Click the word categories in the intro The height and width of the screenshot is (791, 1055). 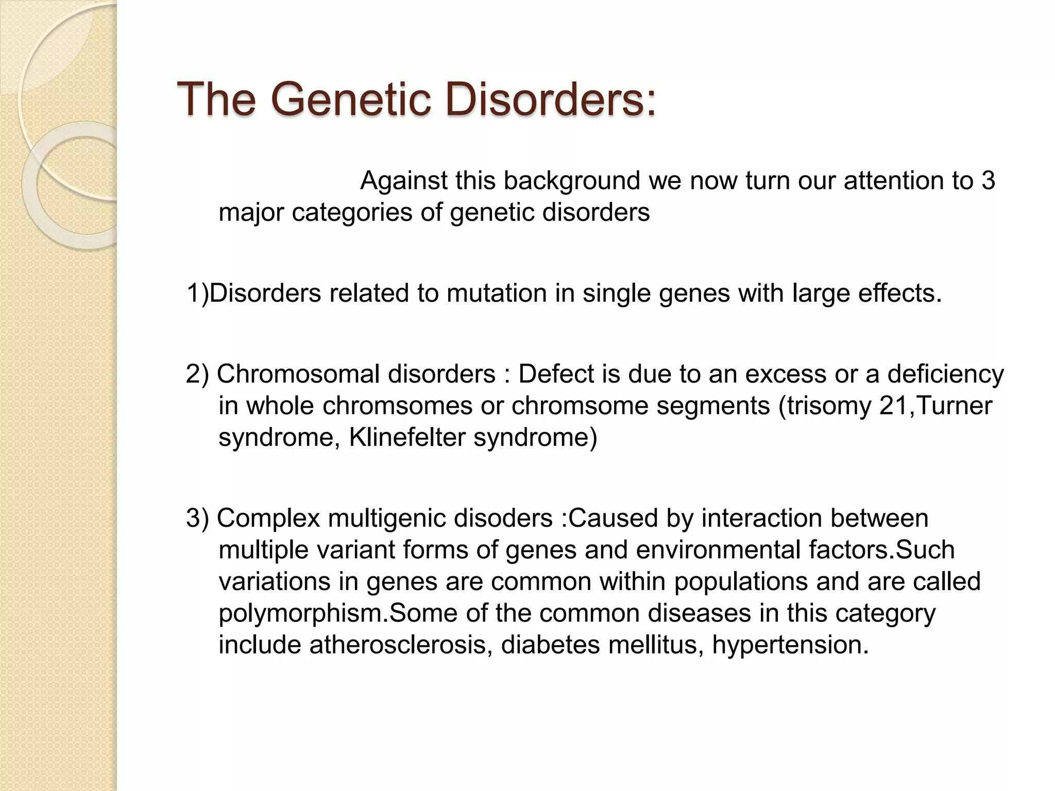(x=352, y=213)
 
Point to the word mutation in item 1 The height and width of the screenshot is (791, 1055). (x=498, y=294)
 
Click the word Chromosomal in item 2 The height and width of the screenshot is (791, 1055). (x=299, y=374)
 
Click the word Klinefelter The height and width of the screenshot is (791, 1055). (x=407, y=438)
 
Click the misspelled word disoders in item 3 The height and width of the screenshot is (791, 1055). (x=503, y=518)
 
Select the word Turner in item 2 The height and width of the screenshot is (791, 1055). (x=952, y=406)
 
